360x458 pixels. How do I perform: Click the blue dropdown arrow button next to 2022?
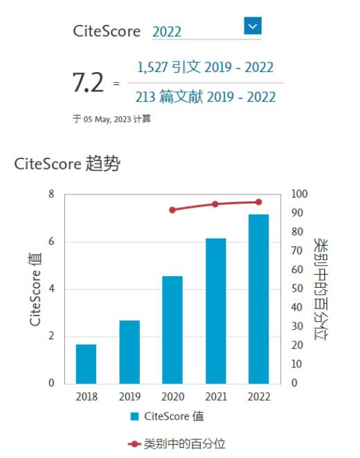click(253, 26)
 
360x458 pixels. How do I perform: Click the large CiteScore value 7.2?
click(88, 83)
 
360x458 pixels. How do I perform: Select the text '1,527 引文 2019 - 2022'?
click(205, 67)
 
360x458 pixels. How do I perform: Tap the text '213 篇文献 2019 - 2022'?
click(205, 97)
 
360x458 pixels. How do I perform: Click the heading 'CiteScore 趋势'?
click(67, 164)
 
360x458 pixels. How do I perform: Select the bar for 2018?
click(87, 364)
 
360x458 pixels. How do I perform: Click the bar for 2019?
click(129, 352)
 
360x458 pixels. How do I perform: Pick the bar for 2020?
click(172, 330)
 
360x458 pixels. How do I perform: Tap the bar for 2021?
click(215, 311)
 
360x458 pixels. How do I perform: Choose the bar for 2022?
click(258, 299)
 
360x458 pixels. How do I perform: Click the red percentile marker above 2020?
click(172, 210)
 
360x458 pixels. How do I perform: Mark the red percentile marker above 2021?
click(215, 204)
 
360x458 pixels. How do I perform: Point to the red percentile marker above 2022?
click(258, 202)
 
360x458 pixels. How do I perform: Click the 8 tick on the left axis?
click(51, 194)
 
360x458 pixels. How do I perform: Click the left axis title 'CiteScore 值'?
click(35, 290)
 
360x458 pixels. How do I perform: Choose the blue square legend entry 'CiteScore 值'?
click(166, 416)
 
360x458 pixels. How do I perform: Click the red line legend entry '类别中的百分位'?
click(176, 443)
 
